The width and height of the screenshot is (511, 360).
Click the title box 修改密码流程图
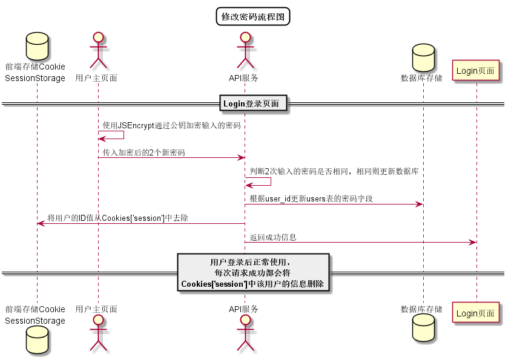(x=253, y=16)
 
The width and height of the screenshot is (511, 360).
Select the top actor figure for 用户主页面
(x=98, y=51)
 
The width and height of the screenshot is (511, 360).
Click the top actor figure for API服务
(x=245, y=51)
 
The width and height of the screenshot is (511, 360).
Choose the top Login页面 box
(x=475, y=71)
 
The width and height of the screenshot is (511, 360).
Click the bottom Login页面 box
(x=475, y=313)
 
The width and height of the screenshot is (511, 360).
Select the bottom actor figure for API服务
(x=245, y=332)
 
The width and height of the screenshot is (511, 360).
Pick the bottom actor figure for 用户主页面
(x=98, y=332)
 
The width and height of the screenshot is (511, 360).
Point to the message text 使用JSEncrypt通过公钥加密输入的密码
(x=171, y=125)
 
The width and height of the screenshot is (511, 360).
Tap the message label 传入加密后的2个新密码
(x=144, y=152)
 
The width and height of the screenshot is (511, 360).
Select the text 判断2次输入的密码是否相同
(x=334, y=172)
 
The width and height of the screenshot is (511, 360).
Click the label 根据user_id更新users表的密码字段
(x=311, y=198)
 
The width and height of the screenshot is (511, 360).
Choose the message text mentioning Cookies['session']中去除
(x=117, y=218)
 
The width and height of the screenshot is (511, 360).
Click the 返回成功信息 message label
(x=273, y=237)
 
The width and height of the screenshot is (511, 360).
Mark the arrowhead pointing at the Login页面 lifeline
(x=472, y=242)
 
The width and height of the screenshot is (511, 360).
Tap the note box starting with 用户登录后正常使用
(x=253, y=273)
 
